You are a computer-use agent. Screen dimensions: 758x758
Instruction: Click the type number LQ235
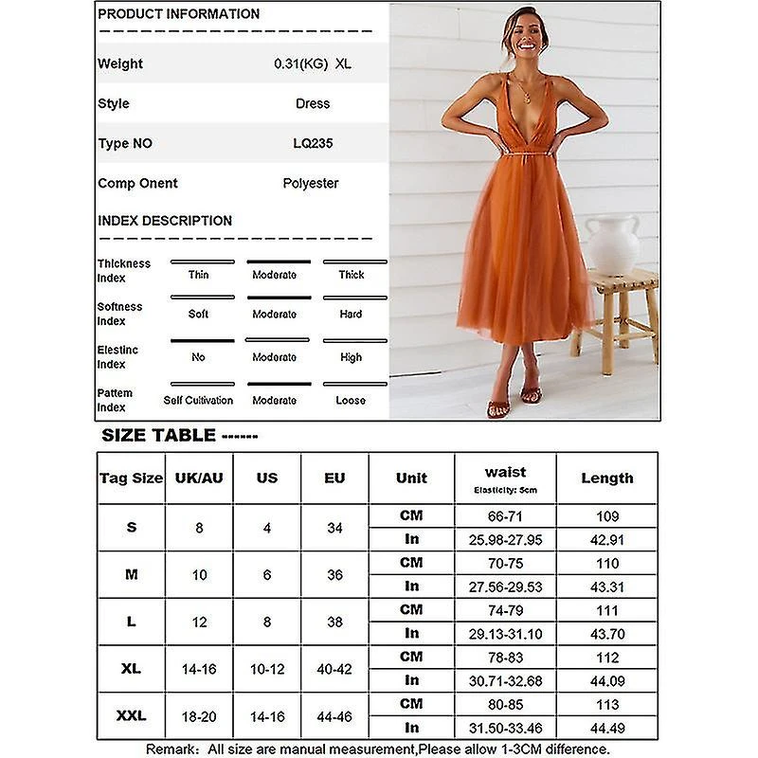(313, 143)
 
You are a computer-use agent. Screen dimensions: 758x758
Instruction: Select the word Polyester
(311, 183)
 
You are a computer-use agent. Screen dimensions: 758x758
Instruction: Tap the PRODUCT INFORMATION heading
(178, 14)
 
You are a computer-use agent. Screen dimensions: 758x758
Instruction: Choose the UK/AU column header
(199, 478)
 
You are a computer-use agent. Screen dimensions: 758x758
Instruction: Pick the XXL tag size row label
(131, 715)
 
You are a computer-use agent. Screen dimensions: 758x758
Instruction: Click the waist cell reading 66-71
(505, 516)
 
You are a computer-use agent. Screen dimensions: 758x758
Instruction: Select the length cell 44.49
(606, 727)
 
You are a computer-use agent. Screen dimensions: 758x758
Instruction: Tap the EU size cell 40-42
(334, 669)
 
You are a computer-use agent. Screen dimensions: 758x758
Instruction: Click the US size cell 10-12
(267, 669)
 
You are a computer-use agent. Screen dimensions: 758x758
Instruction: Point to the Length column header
(606, 478)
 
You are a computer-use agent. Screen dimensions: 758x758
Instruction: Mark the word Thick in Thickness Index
(351, 275)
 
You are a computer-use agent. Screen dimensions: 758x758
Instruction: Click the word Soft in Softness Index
(198, 314)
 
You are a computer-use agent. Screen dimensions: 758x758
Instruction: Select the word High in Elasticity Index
(351, 357)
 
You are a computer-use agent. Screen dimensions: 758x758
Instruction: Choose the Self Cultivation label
(198, 401)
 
